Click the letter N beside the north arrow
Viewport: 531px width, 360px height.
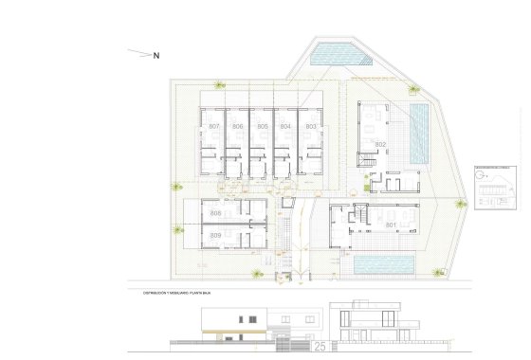click(x=156, y=55)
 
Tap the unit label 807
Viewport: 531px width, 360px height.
click(x=213, y=126)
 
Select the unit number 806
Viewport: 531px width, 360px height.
click(x=237, y=126)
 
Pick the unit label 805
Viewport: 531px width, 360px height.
click(x=262, y=126)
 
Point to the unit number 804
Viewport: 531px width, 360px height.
click(x=285, y=126)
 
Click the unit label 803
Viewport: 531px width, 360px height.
click(x=310, y=126)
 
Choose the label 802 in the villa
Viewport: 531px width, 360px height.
click(x=379, y=144)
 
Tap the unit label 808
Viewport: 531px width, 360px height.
click(x=215, y=214)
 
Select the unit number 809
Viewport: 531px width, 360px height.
click(x=215, y=234)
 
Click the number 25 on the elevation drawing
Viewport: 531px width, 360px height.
click(x=320, y=347)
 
